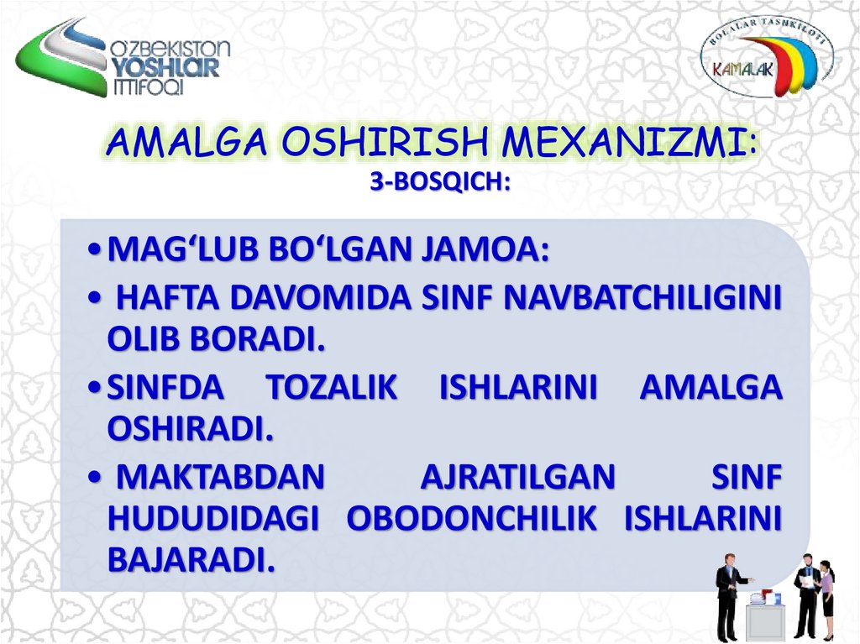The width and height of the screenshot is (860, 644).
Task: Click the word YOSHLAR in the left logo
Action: click(x=165, y=67)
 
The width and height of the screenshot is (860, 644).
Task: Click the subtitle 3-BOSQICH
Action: click(x=440, y=181)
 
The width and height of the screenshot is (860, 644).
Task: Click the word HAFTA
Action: click(x=161, y=297)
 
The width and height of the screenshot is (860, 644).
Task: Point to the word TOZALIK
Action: click(x=331, y=389)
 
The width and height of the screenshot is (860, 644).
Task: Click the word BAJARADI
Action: click(x=191, y=559)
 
